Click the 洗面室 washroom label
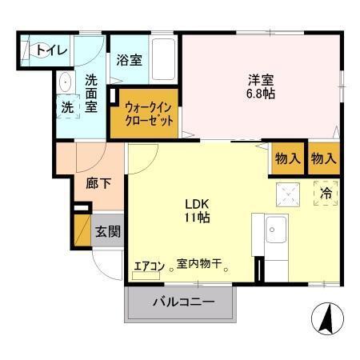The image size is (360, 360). [x=92, y=92]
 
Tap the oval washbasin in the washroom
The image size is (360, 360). [x=63, y=82]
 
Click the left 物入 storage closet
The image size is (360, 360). [x=288, y=158]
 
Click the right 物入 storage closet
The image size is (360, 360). [x=324, y=158]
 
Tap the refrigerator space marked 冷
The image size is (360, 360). [x=326, y=194]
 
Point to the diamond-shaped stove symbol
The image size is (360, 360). [x=286, y=192]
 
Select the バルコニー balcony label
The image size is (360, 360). [x=183, y=303]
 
